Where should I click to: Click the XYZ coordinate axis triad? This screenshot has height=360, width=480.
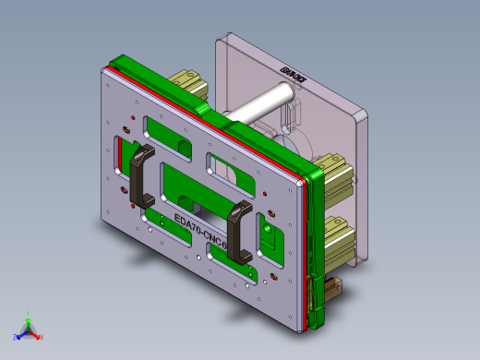click(29, 329)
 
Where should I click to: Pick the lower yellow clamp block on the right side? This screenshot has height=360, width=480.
click(336, 236)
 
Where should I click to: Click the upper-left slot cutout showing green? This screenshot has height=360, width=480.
click(166, 130)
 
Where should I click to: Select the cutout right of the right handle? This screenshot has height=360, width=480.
click(270, 235)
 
